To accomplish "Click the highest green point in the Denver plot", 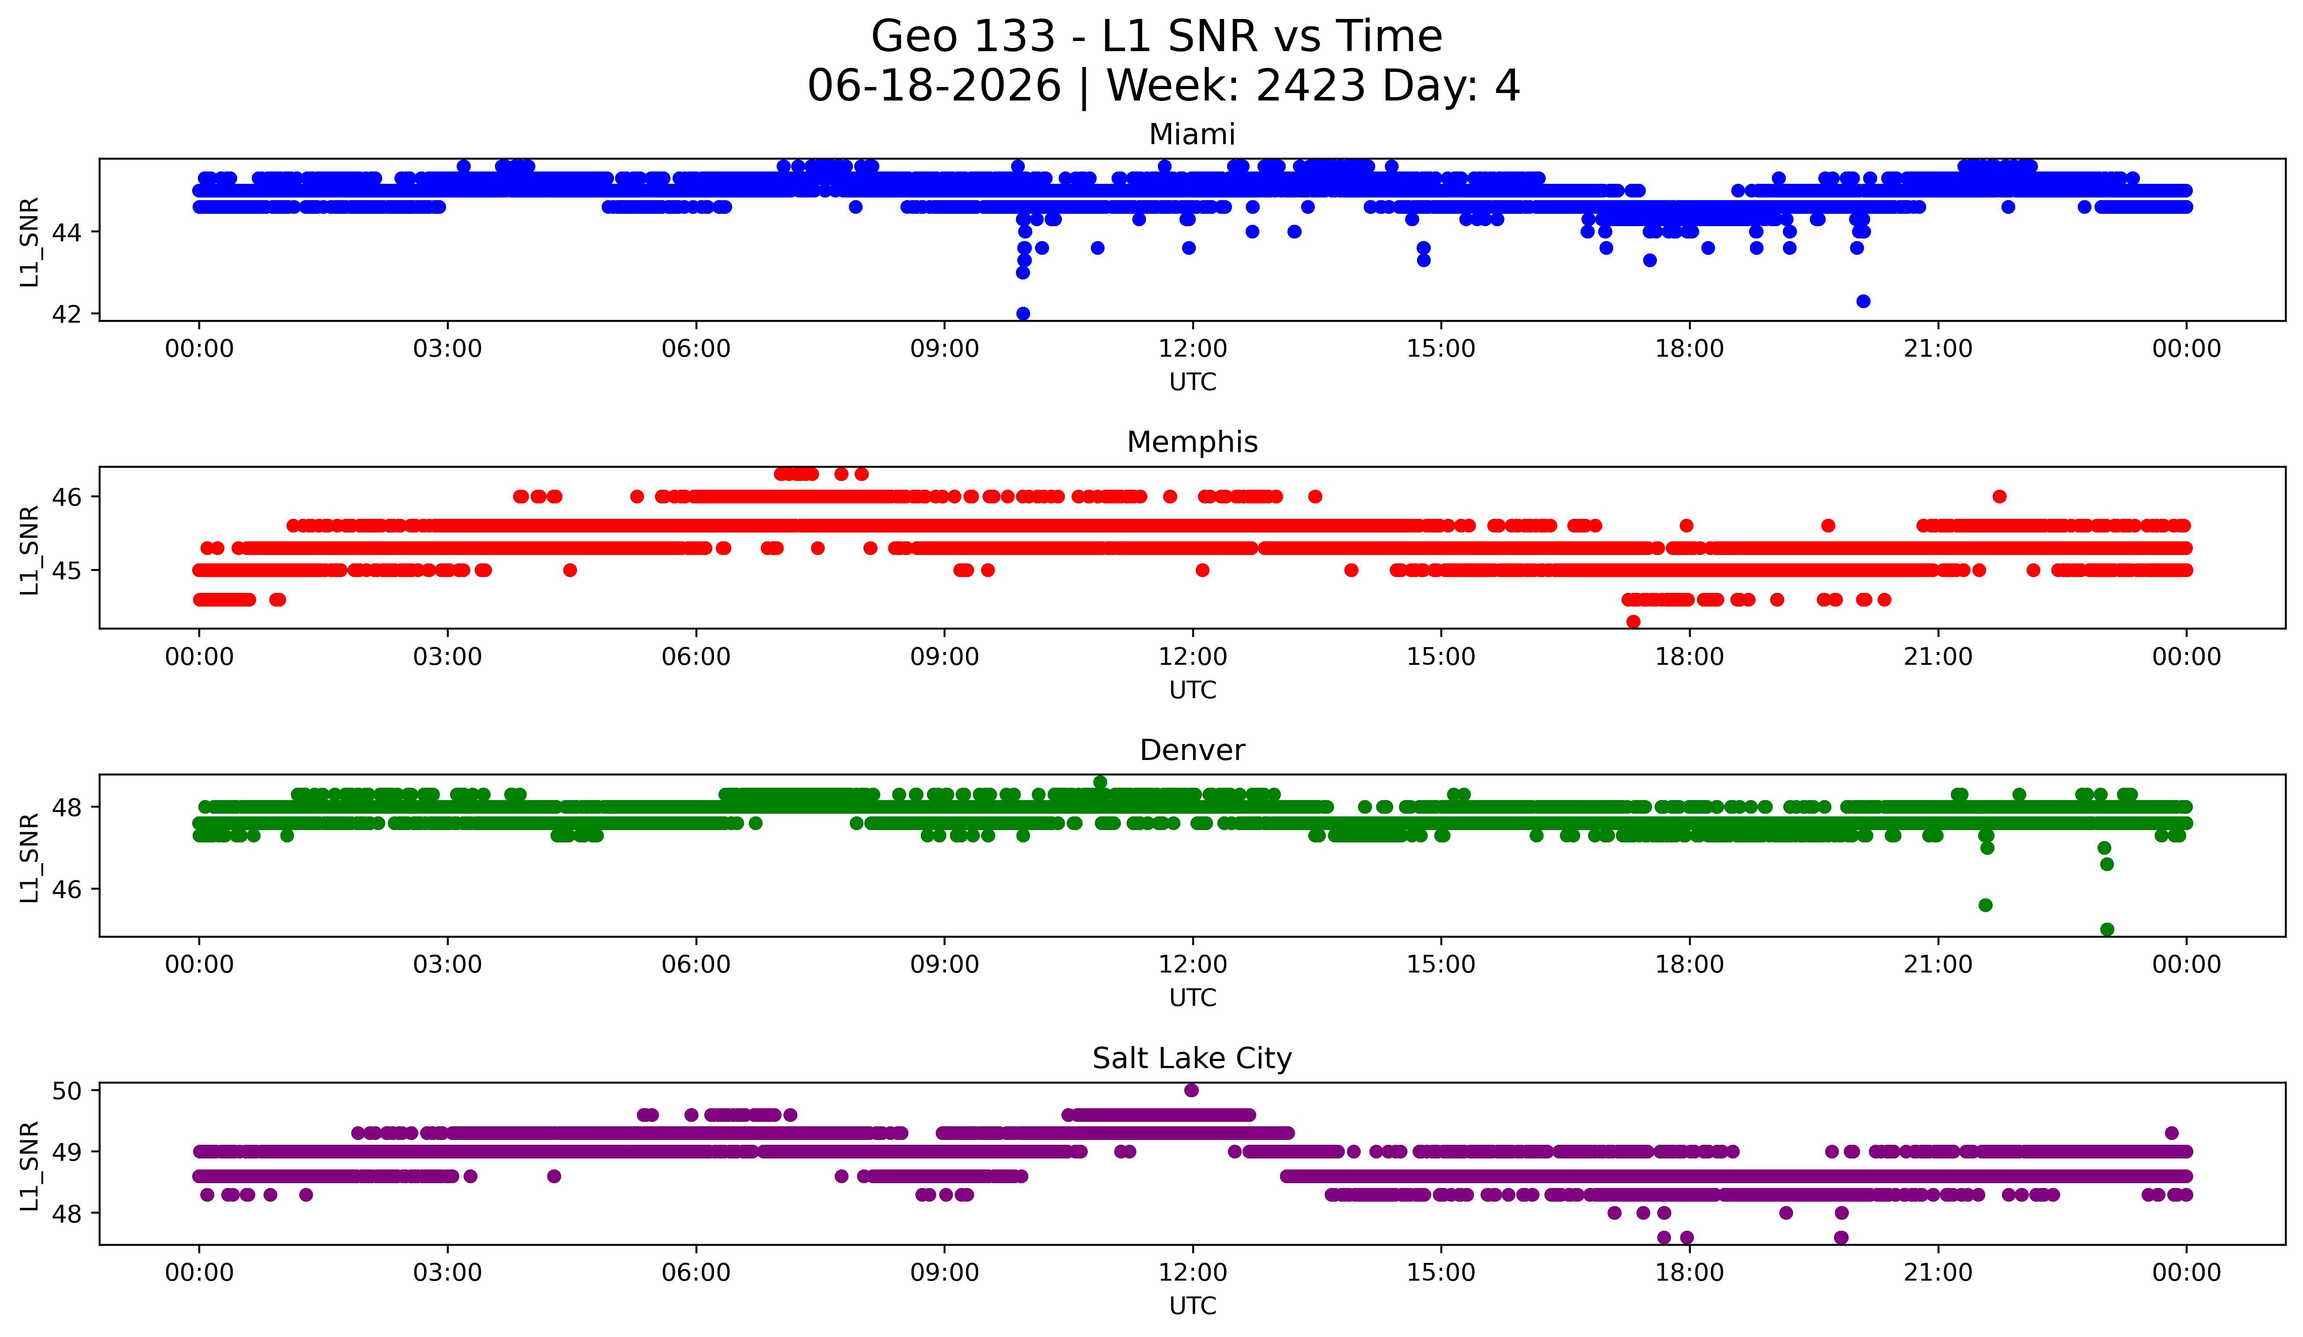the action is click(1100, 782).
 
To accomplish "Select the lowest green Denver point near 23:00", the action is click(2107, 929).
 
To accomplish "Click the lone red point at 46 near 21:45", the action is click(2000, 496).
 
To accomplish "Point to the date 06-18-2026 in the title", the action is click(934, 86).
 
